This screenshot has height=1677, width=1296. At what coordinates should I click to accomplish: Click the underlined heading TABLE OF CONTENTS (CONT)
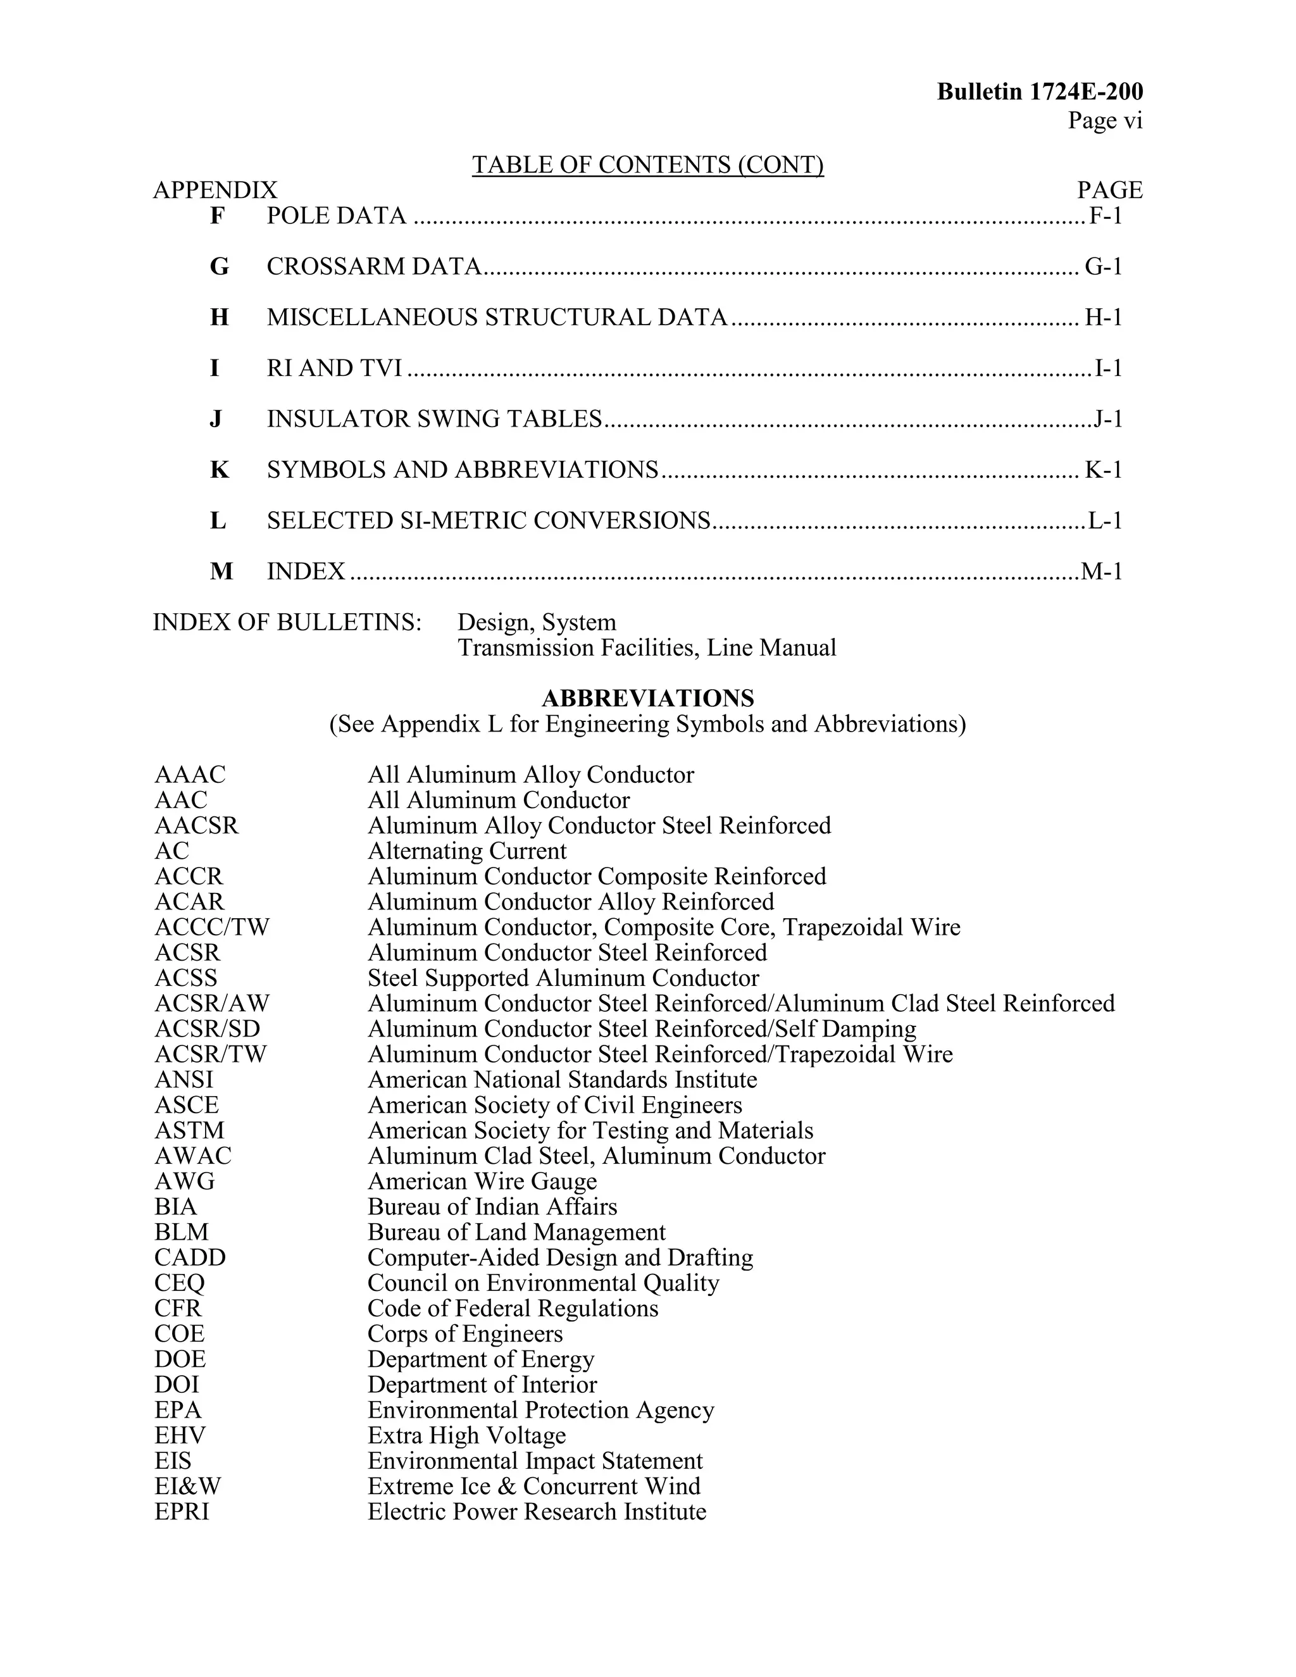click(x=647, y=165)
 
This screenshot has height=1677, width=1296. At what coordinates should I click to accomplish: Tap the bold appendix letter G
click(x=219, y=266)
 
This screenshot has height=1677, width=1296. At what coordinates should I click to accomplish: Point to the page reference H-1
click(x=1103, y=317)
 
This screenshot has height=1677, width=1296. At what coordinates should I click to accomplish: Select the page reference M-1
click(x=1102, y=571)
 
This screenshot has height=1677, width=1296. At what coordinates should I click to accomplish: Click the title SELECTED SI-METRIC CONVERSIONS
click(x=489, y=521)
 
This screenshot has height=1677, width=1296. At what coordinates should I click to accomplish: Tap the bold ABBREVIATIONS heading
click(x=647, y=699)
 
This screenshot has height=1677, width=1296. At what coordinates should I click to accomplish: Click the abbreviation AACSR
click(x=197, y=825)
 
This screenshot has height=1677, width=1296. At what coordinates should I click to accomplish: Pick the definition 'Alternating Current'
click(x=467, y=851)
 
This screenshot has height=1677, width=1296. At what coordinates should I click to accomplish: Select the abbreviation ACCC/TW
click(x=212, y=928)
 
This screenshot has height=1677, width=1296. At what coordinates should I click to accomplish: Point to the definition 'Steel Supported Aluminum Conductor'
click(x=563, y=978)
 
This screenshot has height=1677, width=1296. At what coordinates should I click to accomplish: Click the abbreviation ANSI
click(x=184, y=1080)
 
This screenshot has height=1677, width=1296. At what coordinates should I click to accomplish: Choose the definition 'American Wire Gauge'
click(x=482, y=1181)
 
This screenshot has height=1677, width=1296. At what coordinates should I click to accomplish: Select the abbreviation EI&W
click(x=187, y=1486)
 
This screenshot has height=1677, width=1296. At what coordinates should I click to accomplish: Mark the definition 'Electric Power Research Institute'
click(x=537, y=1511)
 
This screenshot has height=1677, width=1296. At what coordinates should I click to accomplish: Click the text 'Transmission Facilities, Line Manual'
click(x=647, y=648)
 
